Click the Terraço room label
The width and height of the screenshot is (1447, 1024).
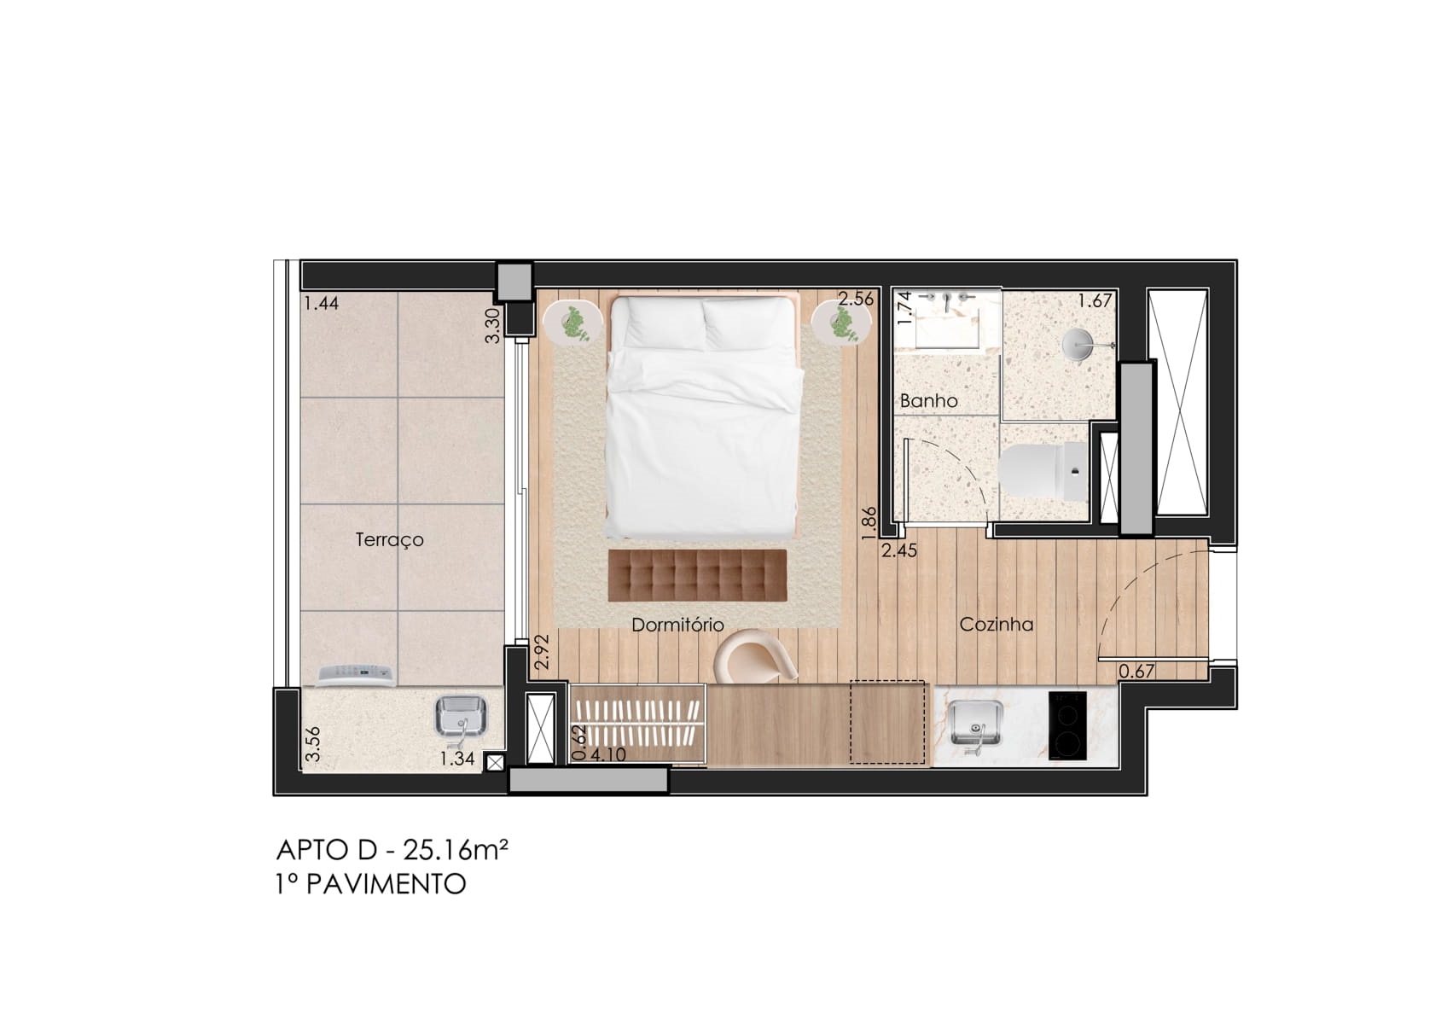tap(390, 540)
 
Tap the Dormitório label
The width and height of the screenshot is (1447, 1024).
tap(677, 625)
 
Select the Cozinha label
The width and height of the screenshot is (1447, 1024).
tap(997, 624)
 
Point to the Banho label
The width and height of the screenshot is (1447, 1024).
tap(928, 400)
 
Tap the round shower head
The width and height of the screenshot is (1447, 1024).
tap(1078, 345)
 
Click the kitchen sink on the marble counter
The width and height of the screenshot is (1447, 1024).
tap(975, 725)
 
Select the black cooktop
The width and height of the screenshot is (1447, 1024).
tap(1067, 725)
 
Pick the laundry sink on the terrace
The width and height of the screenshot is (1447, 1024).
tap(462, 718)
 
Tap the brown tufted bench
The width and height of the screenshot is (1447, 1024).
tap(697, 575)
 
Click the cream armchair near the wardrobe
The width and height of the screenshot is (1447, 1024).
tap(753, 655)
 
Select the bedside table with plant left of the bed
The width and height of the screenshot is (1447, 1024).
tap(572, 323)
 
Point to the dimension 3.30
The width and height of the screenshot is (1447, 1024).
tap(493, 325)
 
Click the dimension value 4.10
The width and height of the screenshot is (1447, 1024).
tap(607, 754)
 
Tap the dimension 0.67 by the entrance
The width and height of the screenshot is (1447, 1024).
tap(1136, 672)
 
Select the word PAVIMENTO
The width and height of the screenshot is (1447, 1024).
tap(386, 884)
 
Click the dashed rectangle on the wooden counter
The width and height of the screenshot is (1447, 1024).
tap(887, 722)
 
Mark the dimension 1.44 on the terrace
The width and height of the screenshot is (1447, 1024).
tap(322, 303)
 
